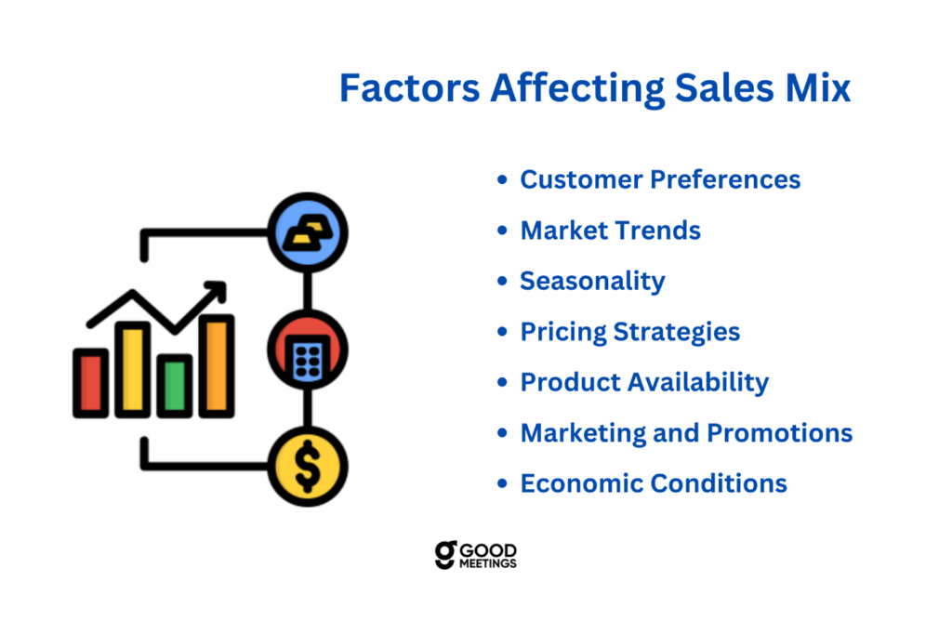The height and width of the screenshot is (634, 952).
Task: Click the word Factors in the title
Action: click(x=410, y=88)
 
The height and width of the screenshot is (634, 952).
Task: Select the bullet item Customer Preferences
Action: click(x=660, y=179)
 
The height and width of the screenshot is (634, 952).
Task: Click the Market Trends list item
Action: click(x=610, y=231)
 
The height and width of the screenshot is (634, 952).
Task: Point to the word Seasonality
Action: click(x=592, y=282)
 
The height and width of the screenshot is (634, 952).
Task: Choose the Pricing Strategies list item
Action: click(x=630, y=332)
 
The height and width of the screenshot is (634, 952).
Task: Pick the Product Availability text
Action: click(x=645, y=383)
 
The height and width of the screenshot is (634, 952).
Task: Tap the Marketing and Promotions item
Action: click(x=687, y=433)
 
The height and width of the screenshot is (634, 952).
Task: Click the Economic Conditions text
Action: click(x=654, y=484)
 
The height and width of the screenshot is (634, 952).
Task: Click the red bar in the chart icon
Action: click(x=91, y=383)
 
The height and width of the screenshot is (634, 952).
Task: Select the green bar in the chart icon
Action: click(x=175, y=386)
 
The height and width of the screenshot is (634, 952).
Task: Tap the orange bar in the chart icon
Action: click(x=217, y=366)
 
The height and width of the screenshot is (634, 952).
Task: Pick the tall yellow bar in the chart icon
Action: click(x=133, y=370)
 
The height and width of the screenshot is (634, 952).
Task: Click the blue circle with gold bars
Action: click(x=308, y=232)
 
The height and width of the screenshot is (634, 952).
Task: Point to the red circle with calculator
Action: click(x=308, y=350)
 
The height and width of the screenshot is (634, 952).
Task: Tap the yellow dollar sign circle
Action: click(x=308, y=467)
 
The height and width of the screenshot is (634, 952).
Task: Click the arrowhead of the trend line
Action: click(x=218, y=290)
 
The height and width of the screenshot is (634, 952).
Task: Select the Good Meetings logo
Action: click(x=475, y=554)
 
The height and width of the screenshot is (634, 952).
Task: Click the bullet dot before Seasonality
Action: click(x=502, y=281)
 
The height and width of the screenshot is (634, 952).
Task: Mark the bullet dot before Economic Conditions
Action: click(x=502, y=484)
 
